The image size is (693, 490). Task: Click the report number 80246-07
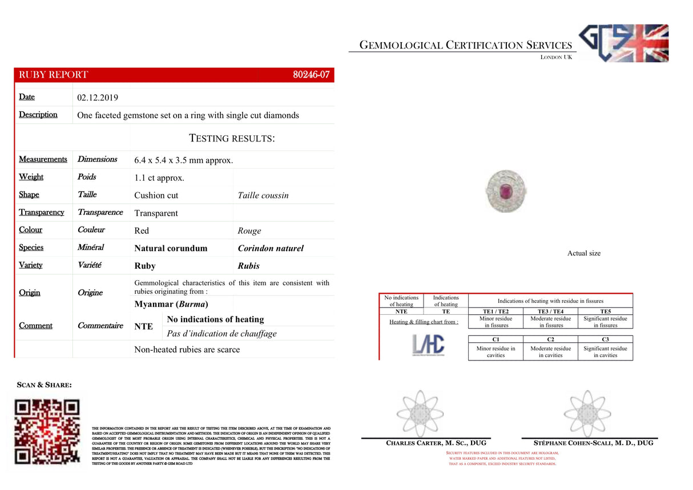pyautogui.click(x=311, y=75)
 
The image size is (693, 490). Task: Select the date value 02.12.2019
pyautogui.click(x=97, y=98)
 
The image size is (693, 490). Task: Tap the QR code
pyautogui.click(x=47, y=431)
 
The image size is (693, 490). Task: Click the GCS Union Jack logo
pyautogui.click(x=623, y=43)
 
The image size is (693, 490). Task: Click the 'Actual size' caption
pyautogui.click(x=583, y=253)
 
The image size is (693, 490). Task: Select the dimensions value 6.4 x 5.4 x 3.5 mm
pyautogui.click(x=183, y=160)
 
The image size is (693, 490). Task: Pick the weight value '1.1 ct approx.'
pyautogui.click(x=159, y=178)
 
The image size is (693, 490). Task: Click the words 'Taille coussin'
pyautogui.click(x=263, y=195)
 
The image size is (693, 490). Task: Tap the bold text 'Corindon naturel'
pyautogui.click(x=271, y=248)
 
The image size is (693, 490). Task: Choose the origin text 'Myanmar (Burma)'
pyautogui.click(x=171, y=304)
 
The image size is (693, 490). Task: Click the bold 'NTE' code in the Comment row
pyautogui.click(x=143, y=326)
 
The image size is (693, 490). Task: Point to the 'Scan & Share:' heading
pyautogui.click(x=45, y=385)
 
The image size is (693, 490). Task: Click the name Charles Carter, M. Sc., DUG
pyautogui.click(x=436, y=443)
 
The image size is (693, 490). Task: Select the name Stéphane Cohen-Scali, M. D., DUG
pyautogui.click(x=594, y=443)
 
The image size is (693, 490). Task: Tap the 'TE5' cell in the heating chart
pyautogui.click(x=605, y=311)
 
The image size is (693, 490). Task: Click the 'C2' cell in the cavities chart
pyautogui.click(x=550, y=339)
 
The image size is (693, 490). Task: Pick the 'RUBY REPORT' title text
pyautogui.click(x=54, y=75)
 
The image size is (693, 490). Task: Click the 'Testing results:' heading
pyautogui.click(x=232, y=138)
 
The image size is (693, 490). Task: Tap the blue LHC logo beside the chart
pyautogui.click(x=428, y=344)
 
